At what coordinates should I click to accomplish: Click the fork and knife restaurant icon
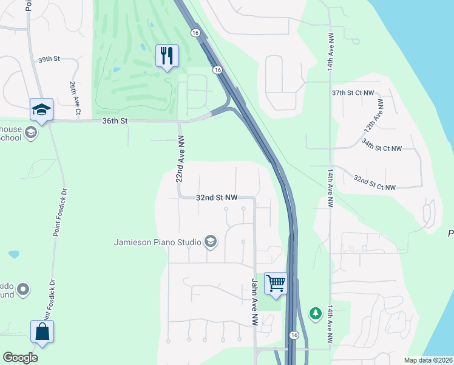pos(166,56)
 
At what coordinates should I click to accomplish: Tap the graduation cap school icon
pos(42,109)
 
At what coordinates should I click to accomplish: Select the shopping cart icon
pos(276,283)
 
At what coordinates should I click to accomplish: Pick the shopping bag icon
pos(42,332)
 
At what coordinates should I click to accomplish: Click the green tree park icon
pos(315,313)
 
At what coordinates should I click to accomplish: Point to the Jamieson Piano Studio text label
pos(157,242)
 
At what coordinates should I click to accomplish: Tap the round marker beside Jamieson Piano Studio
pos(210,242)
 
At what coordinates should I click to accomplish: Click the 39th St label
pos(50,60)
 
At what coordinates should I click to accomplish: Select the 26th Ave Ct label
pos(75,97)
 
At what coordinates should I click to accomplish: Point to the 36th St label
pos(115,121)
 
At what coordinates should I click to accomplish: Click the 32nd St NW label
pos(217,198)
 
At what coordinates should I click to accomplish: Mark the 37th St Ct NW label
pos(354,92)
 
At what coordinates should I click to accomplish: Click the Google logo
pos(21,358)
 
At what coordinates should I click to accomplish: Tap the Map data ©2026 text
pos(429,360)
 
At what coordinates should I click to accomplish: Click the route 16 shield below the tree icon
pos(294,335)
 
